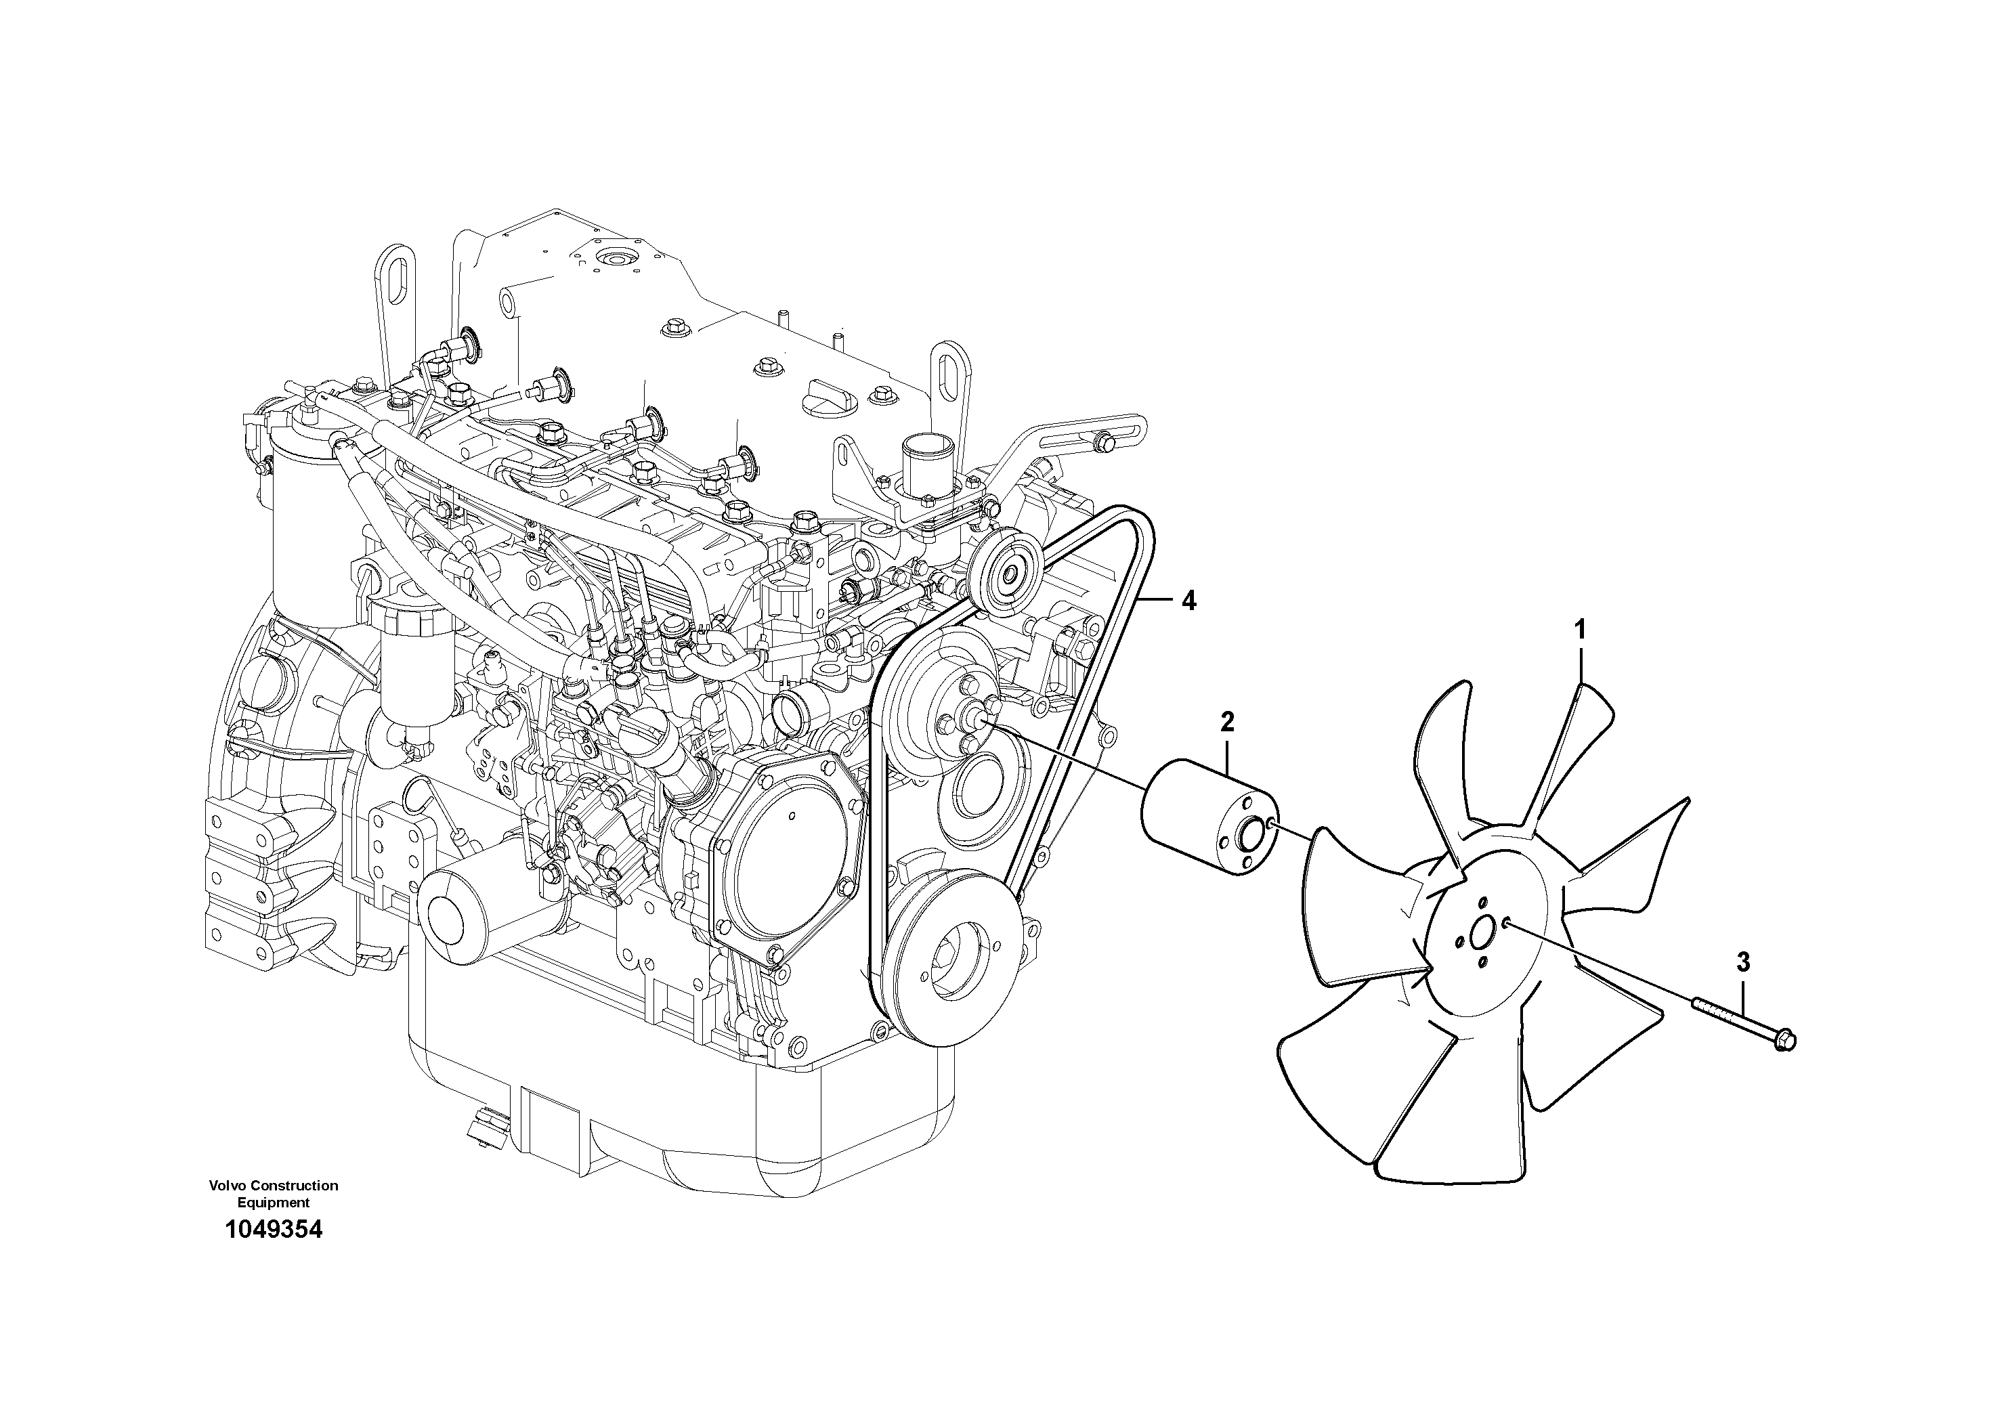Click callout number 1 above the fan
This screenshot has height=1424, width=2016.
(1580, 630)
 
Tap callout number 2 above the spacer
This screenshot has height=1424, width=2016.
(1226, 722)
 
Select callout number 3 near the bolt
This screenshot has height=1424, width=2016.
(1743, 962)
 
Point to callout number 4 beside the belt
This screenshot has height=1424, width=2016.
(1188, 601)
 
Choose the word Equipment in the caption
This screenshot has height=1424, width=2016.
(273, 1203)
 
